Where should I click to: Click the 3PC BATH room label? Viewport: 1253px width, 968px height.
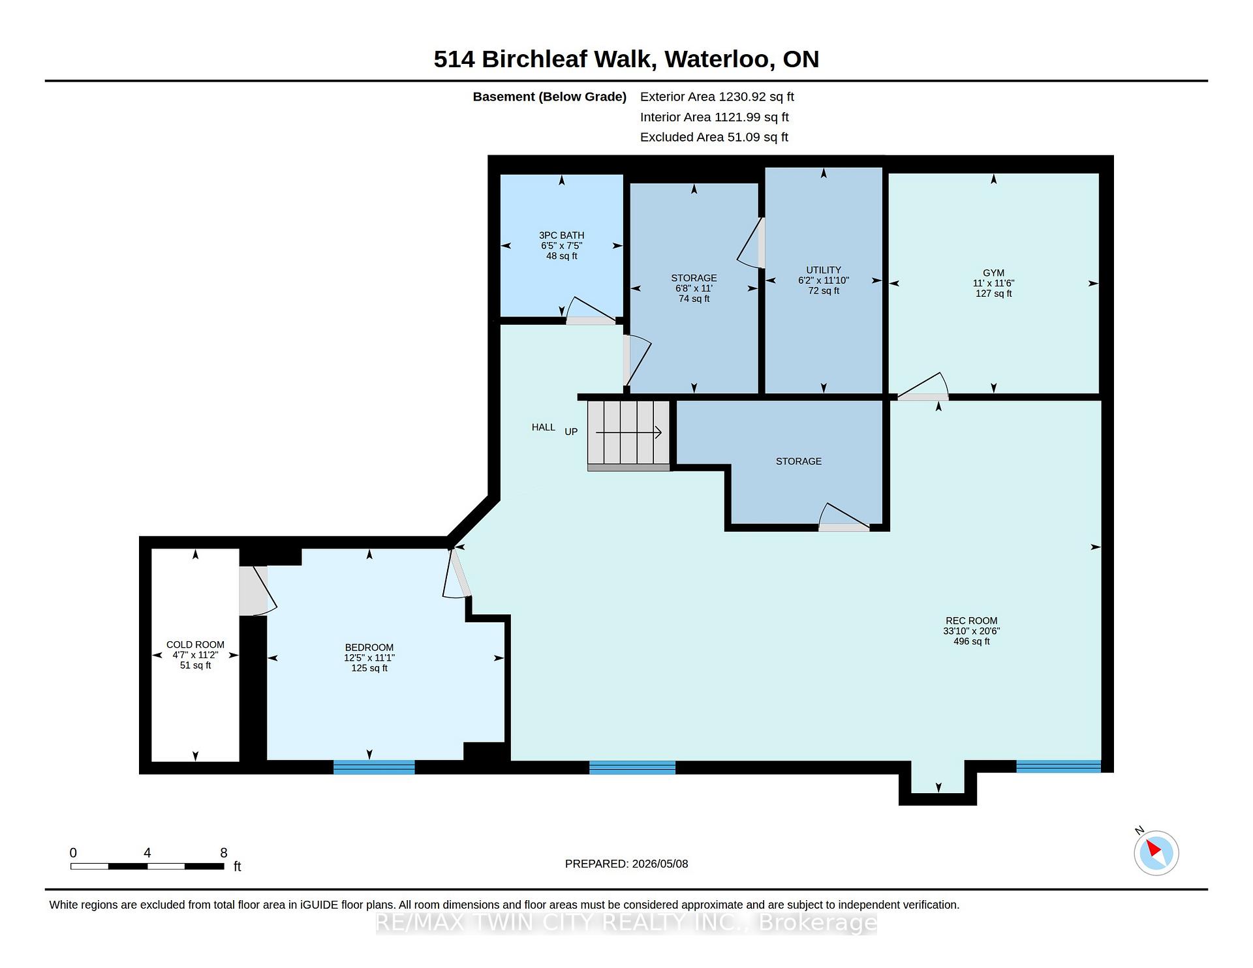pos(561,235)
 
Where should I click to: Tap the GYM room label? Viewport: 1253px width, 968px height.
pos(993,273)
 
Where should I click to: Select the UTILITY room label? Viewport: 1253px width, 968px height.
pos(824,270)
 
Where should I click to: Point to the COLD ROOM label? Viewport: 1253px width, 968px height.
pos(195,644)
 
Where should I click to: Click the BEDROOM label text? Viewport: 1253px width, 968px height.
pos(369,648)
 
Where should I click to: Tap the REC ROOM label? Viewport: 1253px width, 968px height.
pos(972,621)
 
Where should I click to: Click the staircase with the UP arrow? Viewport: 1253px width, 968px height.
pos(629,435)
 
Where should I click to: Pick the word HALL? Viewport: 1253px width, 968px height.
pos(544,427)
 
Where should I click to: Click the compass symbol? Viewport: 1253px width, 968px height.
pos(1156,853)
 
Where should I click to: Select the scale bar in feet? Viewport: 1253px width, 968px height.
pos(147,866)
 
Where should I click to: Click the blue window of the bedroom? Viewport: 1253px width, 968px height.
pos(374,767)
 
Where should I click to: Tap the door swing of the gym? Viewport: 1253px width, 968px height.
pos(923,386)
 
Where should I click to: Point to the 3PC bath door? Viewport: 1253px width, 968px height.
pos(591,311)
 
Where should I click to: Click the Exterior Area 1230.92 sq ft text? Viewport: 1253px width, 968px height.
pos(717,97)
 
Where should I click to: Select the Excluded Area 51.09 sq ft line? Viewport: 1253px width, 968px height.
pos(714,137)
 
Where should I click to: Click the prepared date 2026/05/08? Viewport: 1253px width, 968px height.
pos(660,864)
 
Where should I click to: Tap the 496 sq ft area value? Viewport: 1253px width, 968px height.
pos(972,642)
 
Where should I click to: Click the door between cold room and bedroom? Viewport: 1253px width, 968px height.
pos(258,590)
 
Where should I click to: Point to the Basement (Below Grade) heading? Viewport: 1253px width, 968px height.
pos(549,97)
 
